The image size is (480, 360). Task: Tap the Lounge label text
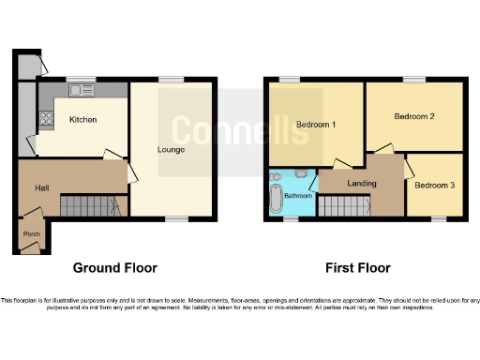click(171, 149)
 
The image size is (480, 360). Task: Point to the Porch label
click(31, 234)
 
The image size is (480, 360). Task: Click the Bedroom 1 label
click(316, 124)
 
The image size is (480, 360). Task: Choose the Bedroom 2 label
click(413, 117)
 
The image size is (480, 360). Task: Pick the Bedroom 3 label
click(434, 186)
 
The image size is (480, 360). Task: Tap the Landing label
click(360, 184)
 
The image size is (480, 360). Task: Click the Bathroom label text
click(298, 195)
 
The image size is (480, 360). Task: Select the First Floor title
click(357, 268)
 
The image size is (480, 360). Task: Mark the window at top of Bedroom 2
click(413, 81)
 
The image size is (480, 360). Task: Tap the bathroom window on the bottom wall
click(291, 219)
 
